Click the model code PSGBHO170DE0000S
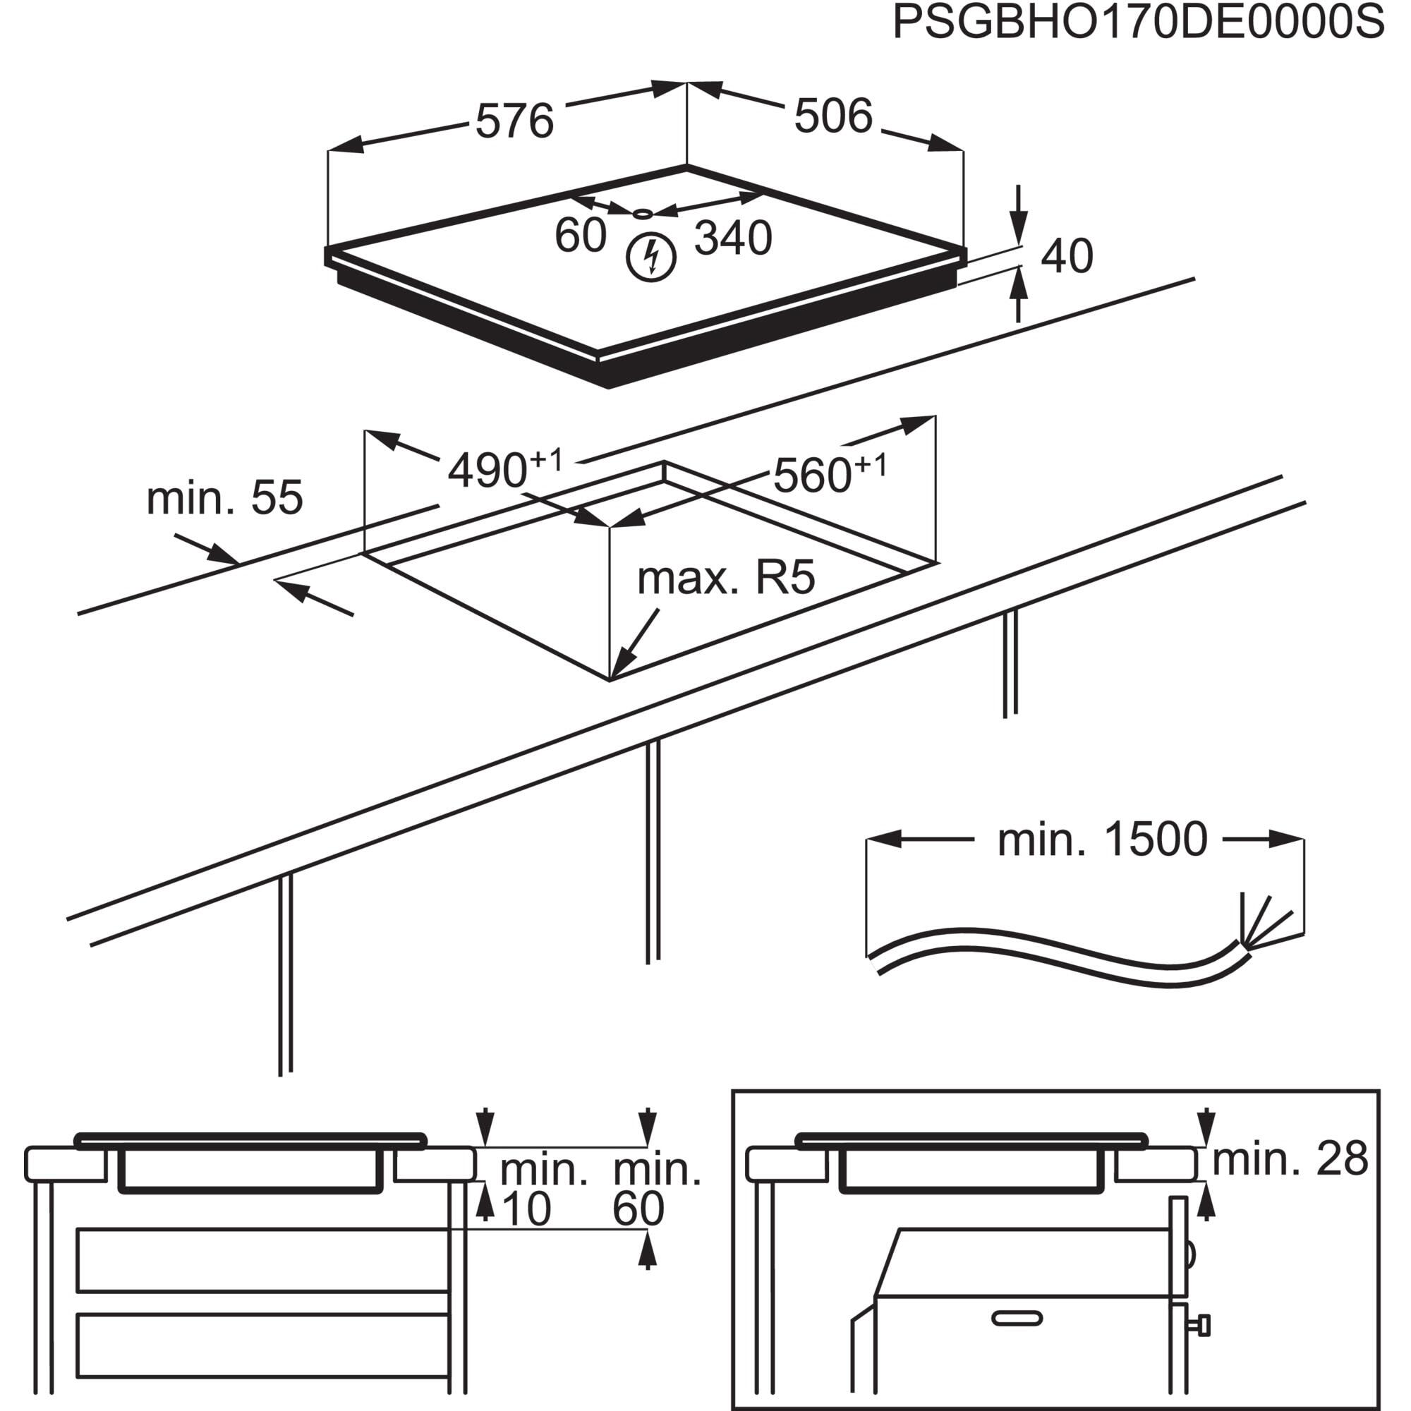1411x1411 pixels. [1138, 24]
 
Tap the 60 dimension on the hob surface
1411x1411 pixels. [581, 235]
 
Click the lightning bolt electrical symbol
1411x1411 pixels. [651, 257]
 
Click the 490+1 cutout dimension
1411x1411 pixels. [504, 470]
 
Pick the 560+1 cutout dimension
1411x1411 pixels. [829, 474]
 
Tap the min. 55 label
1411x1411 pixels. [224, 498]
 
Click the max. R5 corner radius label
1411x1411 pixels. [725, 579]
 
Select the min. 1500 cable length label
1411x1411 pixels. [1102, 840]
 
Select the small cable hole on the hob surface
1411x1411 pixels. [643, 213]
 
